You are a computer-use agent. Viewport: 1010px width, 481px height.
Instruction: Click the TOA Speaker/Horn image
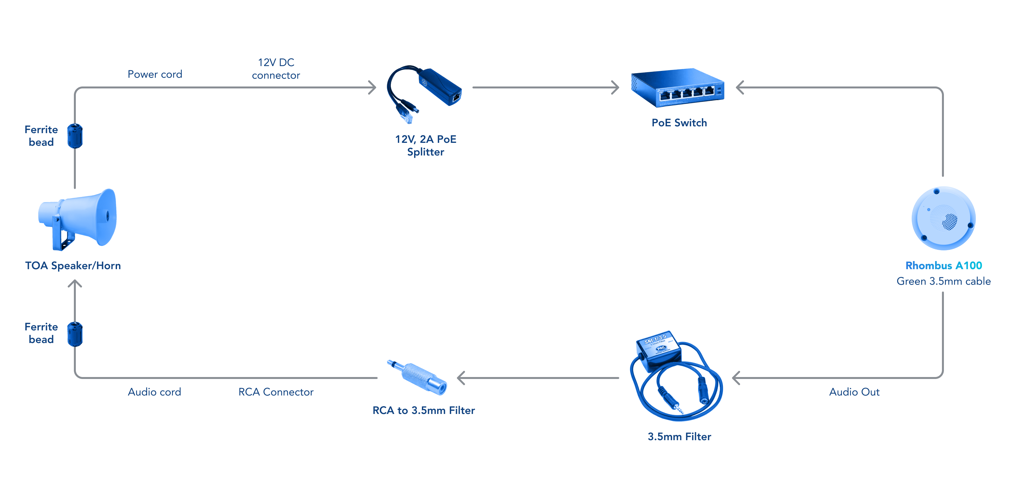pyautogui.click(x=78, y=220)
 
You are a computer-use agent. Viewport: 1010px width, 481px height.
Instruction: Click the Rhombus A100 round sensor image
pyautogui.click(x=943, y=218)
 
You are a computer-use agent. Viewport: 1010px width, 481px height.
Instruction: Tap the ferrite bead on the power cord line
pyautogui.click(x=75, y=136)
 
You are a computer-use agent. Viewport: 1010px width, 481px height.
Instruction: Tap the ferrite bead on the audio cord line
pyautogui.click(x=75, y=334)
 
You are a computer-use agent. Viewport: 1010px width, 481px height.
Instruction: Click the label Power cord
pyautogui.click(x=155, y=74)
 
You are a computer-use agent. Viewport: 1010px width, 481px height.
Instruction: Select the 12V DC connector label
pyautogui.click(x=276, y=69)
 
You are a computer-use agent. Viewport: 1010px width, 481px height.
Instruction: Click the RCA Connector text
pyautogui.click(x=276, y=392)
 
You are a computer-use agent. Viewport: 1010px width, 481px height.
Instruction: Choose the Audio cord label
pyautogui.click(x=155, y=392)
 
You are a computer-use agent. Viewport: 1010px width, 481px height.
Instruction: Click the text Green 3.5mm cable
pyautogui.click(x=943, y=281)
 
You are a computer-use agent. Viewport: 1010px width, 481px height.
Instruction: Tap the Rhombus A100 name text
pyautogui.click(x=943, y=265)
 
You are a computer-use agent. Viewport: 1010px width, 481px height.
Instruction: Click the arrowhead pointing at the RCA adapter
pyautogui.click(x=461, y=378)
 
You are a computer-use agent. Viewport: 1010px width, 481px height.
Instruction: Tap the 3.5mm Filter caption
pyautogui.click(x=679, y=436)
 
